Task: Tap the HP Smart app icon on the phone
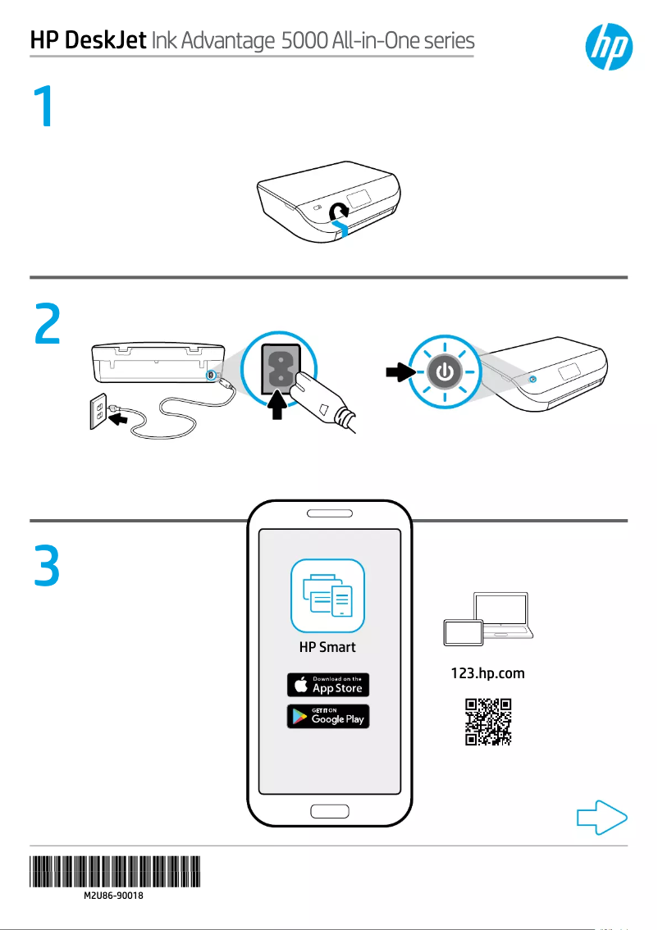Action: tap(327, 595)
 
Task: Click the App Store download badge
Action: tap(327, 685)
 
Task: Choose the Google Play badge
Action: tap(327, 716)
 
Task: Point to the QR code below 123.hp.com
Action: tap(489, 722)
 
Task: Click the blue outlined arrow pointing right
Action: tap(602, 818)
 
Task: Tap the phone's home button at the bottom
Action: tap(328, 812)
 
